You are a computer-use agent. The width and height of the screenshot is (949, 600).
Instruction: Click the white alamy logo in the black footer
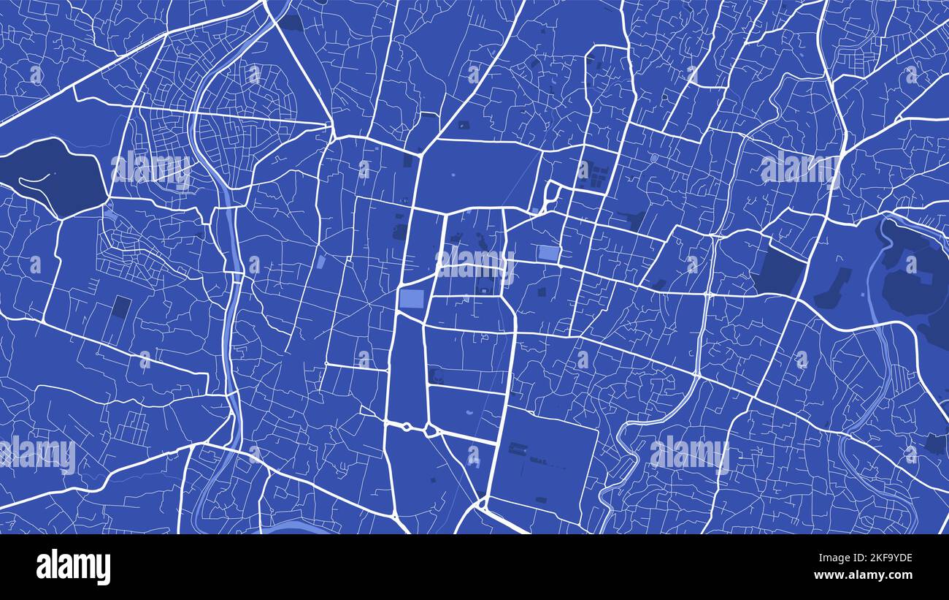(x=73, y=567)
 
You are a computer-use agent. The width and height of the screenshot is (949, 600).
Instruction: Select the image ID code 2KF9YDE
(x=874, y=558)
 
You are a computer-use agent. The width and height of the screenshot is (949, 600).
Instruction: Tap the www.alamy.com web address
(x=867, y=574)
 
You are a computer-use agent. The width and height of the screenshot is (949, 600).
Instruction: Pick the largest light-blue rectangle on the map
(x=412, y=300)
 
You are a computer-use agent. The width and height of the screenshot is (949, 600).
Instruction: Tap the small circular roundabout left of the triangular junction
(x=405, y=426)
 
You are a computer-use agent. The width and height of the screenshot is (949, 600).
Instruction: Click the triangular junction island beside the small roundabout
(x=431, y=430)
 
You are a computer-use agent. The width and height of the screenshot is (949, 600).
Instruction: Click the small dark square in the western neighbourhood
(x=122, y=306)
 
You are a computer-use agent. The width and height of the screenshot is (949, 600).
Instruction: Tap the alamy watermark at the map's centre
(x=474, y=262)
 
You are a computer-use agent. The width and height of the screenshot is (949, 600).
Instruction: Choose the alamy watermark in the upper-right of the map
(x=798, y=168)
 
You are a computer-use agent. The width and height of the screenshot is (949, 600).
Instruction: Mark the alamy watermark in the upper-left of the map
(x=151, y=168)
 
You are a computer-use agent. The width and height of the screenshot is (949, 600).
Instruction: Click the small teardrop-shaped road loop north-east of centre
(x=550, y=194)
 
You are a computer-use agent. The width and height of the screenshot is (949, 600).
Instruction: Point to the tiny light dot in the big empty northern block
(x=453, y=175)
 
